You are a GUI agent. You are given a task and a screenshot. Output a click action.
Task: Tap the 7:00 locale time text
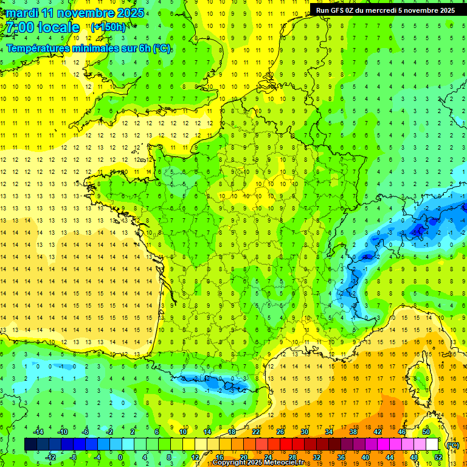pyautogui.click(x=43, y=27)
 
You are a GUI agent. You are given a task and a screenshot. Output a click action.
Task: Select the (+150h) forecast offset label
pyautogui.click(x=108, y=27)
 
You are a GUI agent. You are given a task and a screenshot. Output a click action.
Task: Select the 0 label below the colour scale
pyautogui.click(x=120, y=457)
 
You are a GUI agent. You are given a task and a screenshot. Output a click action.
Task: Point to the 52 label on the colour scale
pyautogui.click(x=438, y=457)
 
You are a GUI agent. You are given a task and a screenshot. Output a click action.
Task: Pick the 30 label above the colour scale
pyautogui.click(x=304, y=432)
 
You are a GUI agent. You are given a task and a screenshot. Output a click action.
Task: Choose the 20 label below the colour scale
pyautogui.click(x=243, y=457)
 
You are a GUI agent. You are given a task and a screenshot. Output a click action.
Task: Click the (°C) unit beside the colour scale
pyautogui.click(x=452, y=445)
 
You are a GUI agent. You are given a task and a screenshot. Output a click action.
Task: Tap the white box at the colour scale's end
pyautogui.click(x=432, y=445)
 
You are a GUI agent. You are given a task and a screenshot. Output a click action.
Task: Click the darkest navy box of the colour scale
pyautogui.click(x=30, y=445)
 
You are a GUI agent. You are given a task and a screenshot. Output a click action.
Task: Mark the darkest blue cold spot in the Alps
pyautogui.click(x=418, y=230)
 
